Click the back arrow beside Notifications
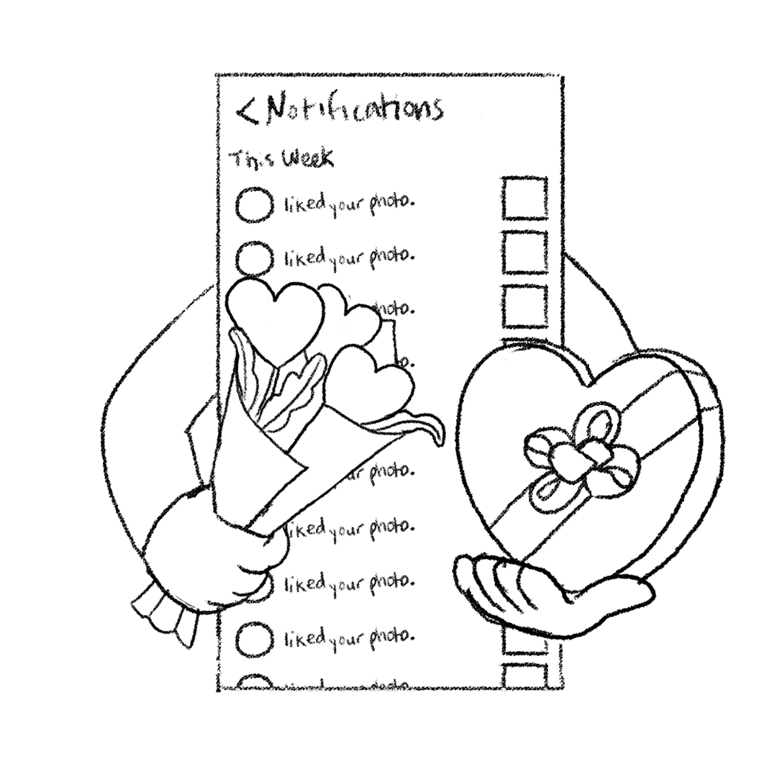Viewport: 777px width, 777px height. [247, 112]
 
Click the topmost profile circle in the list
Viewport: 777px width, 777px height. [255, 205]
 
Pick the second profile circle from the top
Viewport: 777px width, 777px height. [255, 257]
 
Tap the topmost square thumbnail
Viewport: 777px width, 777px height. [524, 198]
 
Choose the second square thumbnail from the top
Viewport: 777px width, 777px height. [524, 252]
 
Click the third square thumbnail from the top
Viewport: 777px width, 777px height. [524, 306]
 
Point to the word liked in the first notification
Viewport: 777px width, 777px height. [305, 204]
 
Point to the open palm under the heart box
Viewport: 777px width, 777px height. [547, 586]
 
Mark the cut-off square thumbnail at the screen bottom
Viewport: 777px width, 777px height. [524, 676]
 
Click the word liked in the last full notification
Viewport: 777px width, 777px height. [305, 637]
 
